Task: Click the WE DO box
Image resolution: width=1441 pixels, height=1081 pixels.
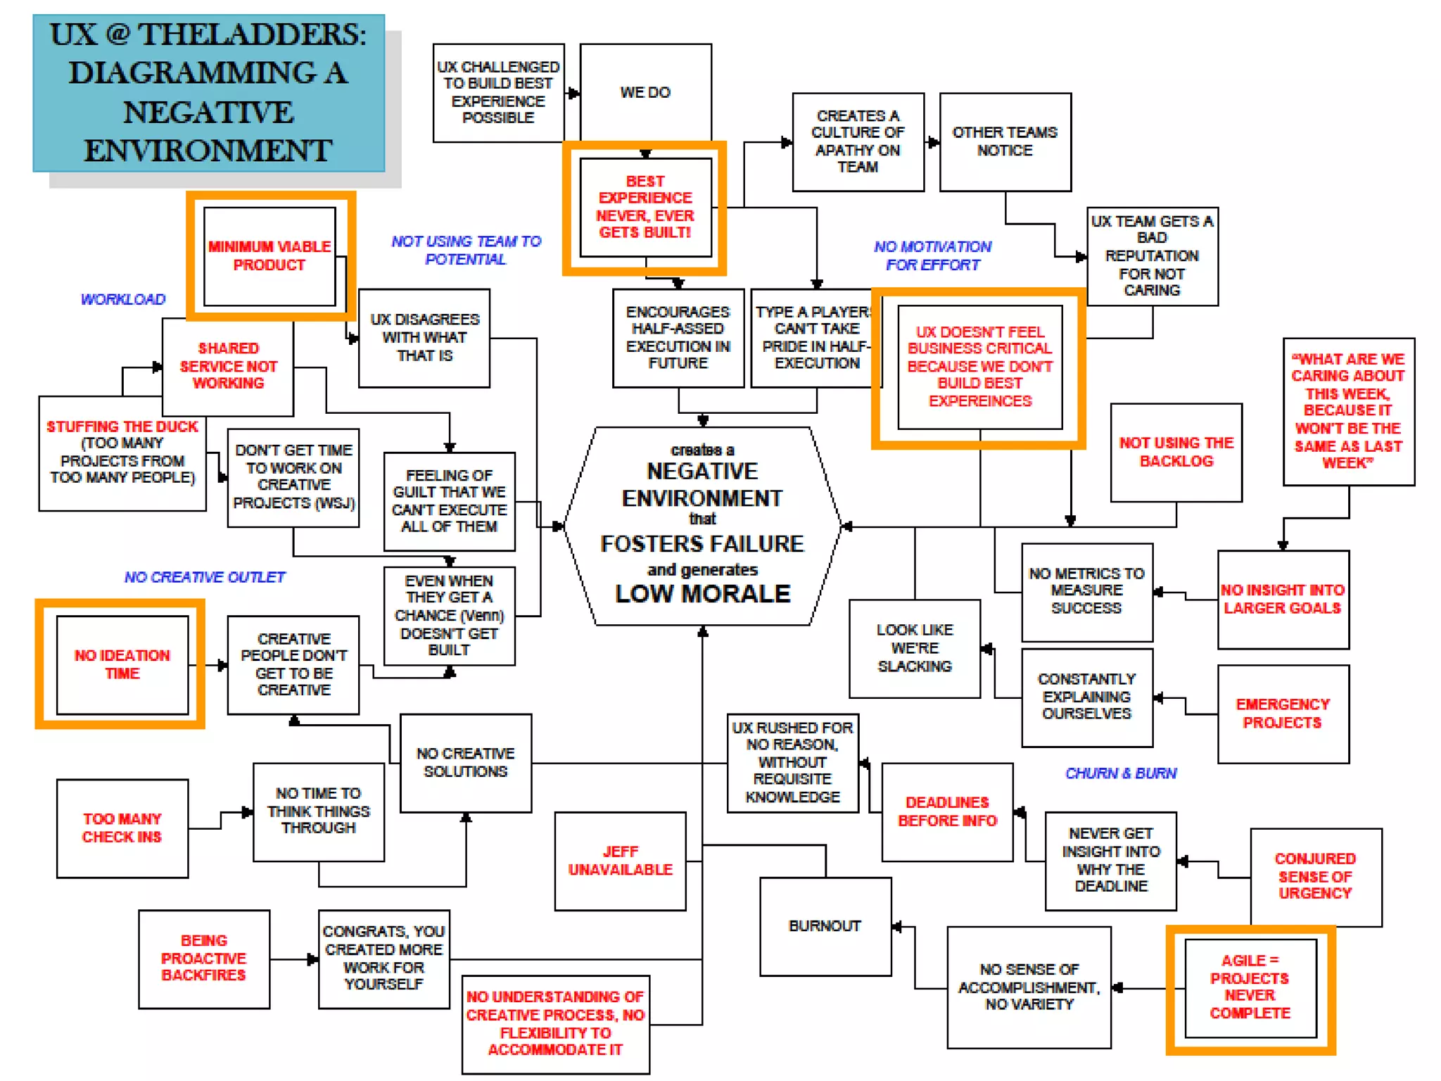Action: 645,92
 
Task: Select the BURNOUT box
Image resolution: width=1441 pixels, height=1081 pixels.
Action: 825,925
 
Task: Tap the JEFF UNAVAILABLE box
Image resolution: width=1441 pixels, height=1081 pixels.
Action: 620,861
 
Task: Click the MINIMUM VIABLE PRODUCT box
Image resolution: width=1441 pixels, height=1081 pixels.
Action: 269,255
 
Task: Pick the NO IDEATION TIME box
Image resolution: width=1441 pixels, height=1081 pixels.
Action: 122,664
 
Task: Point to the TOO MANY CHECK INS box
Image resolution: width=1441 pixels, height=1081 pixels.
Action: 122,828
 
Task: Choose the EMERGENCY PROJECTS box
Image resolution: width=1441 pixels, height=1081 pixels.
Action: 1283,713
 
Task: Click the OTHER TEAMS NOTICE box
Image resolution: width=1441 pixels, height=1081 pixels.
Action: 1005,141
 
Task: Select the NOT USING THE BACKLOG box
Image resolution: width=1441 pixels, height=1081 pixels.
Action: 1176,452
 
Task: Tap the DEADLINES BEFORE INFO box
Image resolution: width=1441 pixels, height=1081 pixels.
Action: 947,811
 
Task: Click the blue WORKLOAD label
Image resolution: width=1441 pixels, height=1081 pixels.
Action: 123,299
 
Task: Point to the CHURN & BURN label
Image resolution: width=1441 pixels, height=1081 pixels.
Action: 1121,773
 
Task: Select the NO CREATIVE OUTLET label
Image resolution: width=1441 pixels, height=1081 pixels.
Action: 205,577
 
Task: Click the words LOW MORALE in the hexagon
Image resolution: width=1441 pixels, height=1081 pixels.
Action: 703,594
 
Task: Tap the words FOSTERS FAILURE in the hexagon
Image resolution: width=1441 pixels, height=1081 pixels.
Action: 702,544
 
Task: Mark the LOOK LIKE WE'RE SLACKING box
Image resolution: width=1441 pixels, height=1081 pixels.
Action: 915,648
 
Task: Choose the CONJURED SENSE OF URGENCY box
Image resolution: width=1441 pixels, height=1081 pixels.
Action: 1315,876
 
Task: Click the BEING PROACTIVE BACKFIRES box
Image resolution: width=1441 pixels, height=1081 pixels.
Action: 204,958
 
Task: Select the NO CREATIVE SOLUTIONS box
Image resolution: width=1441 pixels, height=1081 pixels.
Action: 465,762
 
